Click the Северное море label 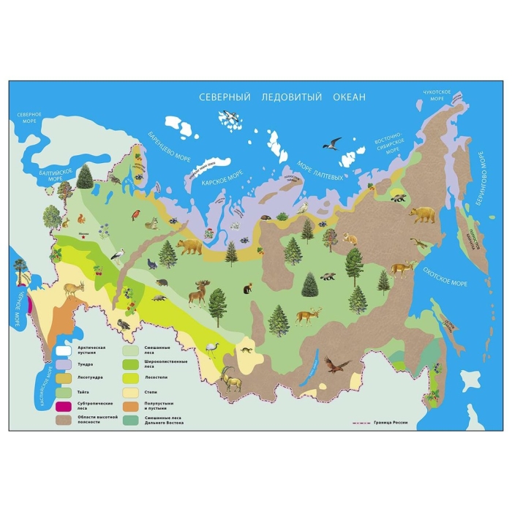coord(30,118)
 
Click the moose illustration coord(199,294)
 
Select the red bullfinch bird coord(135,214)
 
